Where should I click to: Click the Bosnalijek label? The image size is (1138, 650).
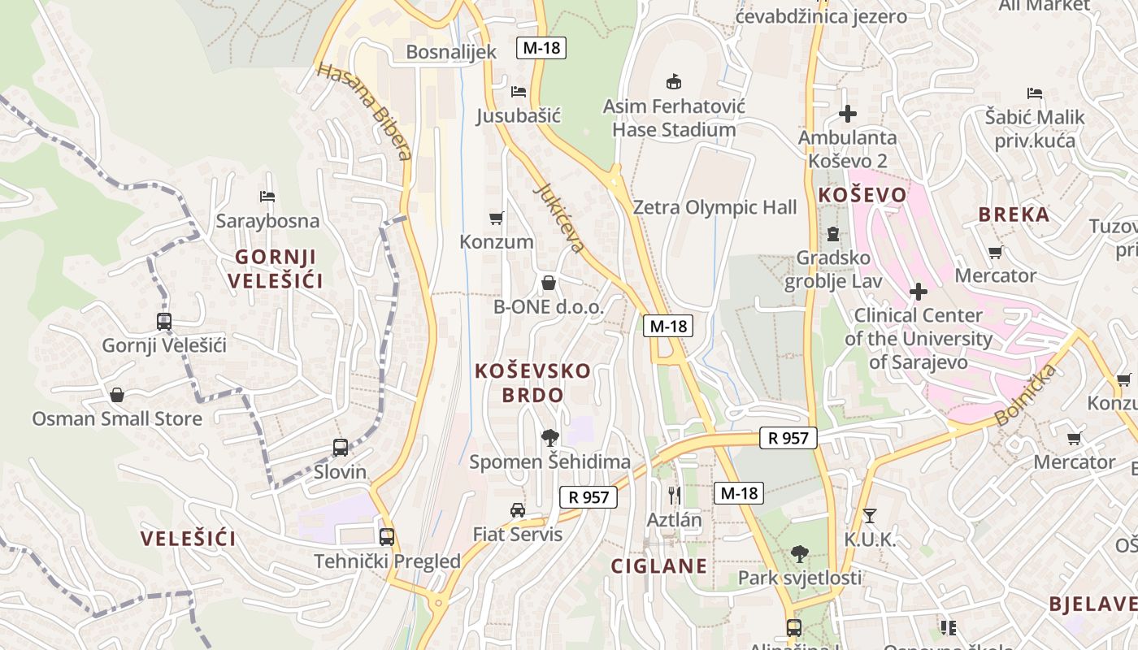[x=450, y=52]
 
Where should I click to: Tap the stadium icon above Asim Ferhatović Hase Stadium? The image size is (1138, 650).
[x=673, y=81]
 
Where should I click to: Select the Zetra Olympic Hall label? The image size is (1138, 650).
[x=715, y=207]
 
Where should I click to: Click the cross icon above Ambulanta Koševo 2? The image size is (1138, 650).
[x=848, y=114]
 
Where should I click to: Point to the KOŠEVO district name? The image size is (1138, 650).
[x=862, y=195]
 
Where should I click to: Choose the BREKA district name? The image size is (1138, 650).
[x=1014, y=214]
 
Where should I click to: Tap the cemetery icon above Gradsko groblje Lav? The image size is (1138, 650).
[x=832, y=234]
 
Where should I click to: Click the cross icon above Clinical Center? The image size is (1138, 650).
[x=919, y=291]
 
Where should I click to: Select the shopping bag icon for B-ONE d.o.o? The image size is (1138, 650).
[x=549, y=283]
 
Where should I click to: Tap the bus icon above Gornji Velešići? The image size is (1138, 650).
[x=164, y=321]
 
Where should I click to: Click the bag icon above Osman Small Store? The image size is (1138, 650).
[x=117, y=395]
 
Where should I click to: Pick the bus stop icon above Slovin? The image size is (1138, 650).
[x=341, y=447]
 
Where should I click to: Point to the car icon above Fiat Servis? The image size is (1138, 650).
[x=517, y=510]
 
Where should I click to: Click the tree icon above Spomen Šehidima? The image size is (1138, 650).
[x=549, y=438]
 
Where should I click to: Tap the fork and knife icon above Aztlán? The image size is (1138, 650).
[x=673, y=494]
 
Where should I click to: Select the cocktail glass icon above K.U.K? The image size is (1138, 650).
[x=870, y=515]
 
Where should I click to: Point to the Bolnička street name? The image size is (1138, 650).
[x=1026, y=395]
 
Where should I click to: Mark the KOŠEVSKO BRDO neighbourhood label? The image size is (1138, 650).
[x=532, y=383]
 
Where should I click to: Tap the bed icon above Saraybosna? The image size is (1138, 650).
[x=267, y=197]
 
